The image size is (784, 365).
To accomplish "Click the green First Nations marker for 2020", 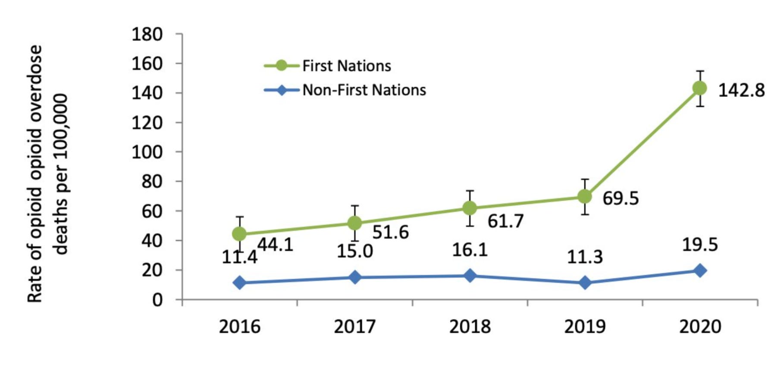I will coord(699,88).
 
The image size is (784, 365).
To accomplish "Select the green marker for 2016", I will coord(239,234).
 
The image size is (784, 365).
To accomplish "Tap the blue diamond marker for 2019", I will coord(585,283).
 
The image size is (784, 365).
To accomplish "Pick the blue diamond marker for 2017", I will coord(354,277).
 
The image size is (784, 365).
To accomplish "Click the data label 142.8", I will coord(741,91).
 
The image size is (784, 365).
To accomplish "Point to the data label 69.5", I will coord(621,198).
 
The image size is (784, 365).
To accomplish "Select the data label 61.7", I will coord(505,221).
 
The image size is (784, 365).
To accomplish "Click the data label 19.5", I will coord(699,245).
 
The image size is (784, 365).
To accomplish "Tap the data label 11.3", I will coord(585,257).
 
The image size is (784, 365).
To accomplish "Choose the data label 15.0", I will coord(354,251).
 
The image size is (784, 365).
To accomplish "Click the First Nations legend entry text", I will coord(347,66).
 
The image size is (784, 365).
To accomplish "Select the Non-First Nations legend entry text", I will coord(364,90).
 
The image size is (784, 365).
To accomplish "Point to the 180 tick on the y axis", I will coord(147,34).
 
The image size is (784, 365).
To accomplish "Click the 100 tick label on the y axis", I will coord(147,152).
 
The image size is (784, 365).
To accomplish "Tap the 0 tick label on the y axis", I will coord(157,299).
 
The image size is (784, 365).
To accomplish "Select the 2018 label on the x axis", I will coord(470,327).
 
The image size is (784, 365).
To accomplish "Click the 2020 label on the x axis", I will coord(700,327).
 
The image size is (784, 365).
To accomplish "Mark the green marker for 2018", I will coord(470,208).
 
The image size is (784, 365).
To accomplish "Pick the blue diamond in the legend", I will coord(281,90).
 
